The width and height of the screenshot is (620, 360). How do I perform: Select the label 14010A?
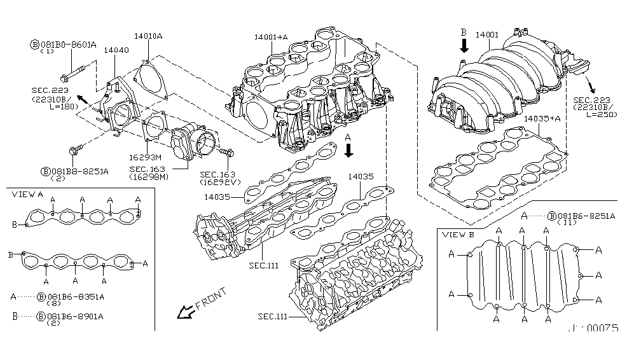[x=148, y=36]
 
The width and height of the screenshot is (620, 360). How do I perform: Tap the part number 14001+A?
[x=271, y=38]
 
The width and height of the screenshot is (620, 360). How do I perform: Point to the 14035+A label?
[x=542, y=118]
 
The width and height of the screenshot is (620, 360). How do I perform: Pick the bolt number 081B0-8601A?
[x=69, y=45]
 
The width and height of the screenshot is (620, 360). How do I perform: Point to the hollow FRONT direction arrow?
[x=186, y=311]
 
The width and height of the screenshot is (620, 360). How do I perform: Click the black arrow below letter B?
[x=464, y=45]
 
